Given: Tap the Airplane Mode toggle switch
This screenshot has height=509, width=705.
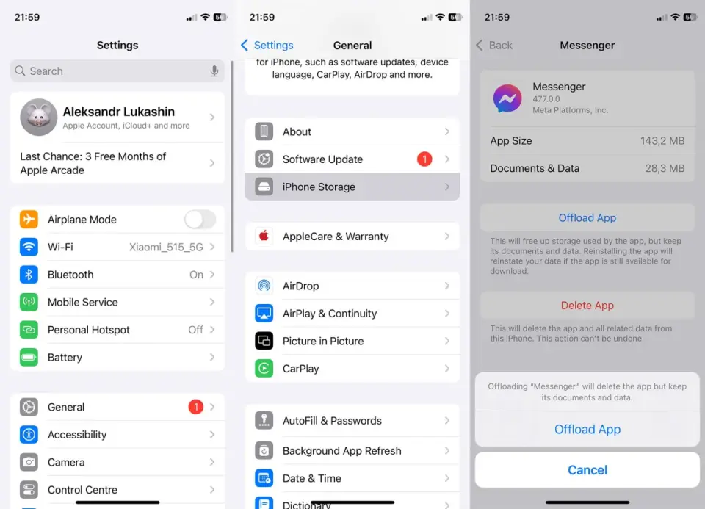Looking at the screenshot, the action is point(200,220).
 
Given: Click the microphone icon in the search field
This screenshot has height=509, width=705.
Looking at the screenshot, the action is point(214,71).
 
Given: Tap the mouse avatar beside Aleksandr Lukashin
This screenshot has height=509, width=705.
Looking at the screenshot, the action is point(39,117).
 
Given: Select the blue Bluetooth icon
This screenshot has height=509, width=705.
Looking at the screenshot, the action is point(29,274).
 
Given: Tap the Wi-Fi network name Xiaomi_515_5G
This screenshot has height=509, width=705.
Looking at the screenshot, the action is point(166,248).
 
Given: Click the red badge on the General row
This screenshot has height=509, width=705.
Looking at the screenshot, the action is point(195,407).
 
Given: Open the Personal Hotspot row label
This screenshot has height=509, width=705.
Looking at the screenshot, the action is point(89,330).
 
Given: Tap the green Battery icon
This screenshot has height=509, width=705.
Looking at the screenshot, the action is point(29,358).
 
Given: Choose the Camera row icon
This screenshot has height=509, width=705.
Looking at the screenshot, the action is point(29,462).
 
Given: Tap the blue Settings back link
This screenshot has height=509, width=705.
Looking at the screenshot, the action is point(267,46).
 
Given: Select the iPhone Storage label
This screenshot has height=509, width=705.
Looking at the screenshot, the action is point(319,187).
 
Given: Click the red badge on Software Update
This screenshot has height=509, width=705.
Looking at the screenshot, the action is point(424,159).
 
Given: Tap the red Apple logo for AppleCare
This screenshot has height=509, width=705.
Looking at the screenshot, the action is point(264,236).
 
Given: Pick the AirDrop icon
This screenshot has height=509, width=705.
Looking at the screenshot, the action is point(264,286).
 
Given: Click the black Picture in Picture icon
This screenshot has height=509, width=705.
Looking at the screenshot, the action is point(264,341).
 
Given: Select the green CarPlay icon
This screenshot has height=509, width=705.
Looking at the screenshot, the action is point(264,369).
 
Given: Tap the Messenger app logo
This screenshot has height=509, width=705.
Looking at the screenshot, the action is point(507,98).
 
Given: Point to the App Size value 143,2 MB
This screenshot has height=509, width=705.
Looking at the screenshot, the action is point(662,141).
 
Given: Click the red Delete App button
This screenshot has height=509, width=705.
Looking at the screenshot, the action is point(587,306).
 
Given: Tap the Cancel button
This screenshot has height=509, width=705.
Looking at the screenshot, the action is point(587,470).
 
